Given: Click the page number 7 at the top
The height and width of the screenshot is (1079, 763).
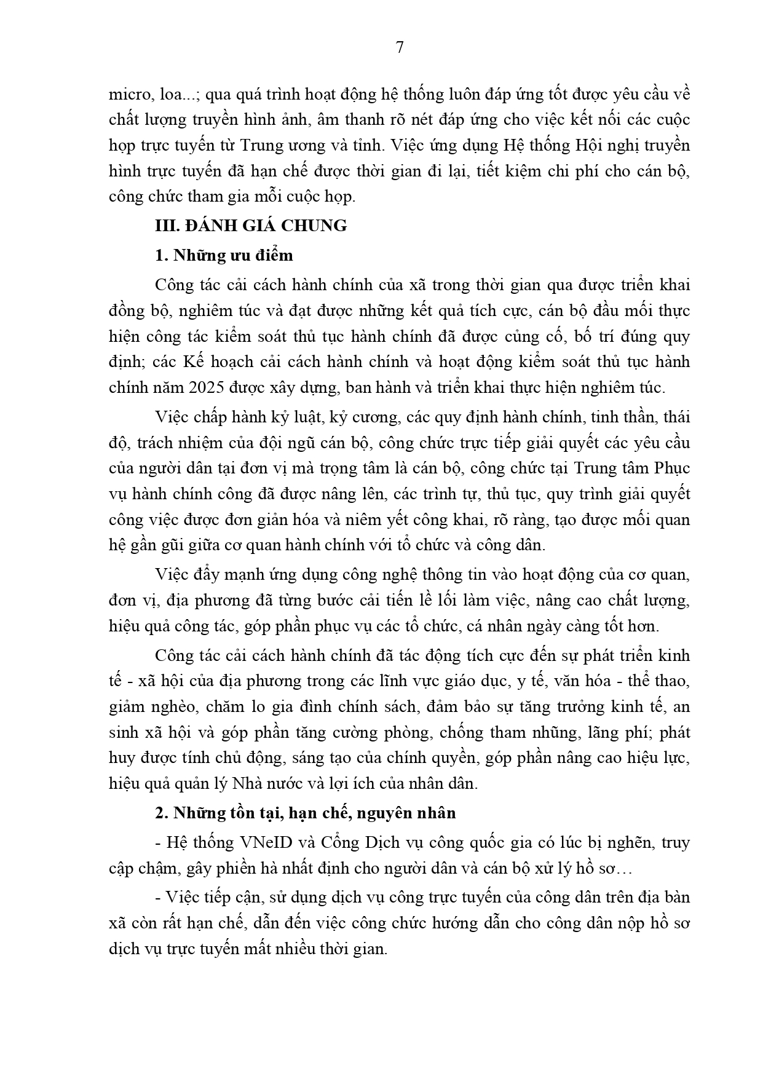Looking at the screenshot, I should (x=400, y=47).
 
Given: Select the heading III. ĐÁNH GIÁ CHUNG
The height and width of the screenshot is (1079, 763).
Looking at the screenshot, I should (x=251, y=226).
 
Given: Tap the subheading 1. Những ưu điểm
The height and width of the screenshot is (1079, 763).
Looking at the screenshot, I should (x=224, y=255).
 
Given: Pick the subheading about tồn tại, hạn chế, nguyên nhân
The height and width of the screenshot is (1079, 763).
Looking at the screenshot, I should (x=306, y=813).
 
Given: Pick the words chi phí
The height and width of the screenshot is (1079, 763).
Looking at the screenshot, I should (x=574, y=172).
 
